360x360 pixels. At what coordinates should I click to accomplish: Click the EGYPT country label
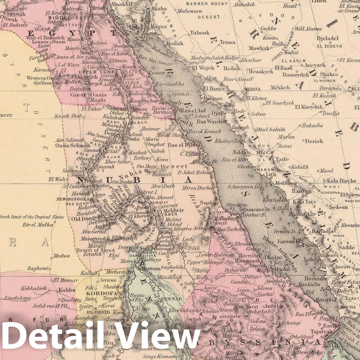[71, 33]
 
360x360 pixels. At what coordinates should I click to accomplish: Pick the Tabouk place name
[200, 32]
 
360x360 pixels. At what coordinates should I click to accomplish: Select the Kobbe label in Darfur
[67, 290]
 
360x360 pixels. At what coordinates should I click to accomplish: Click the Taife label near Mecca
[281, 159]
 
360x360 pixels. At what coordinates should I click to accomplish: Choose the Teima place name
[228, 42]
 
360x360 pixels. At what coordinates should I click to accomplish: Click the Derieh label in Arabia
[314, 141]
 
